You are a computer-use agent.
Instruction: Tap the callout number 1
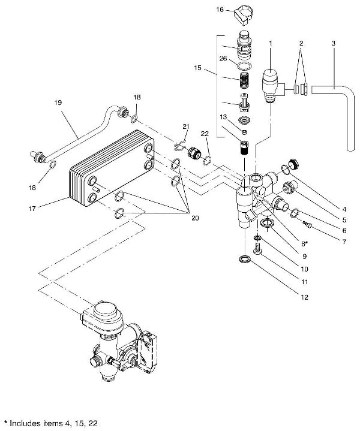point(271,43)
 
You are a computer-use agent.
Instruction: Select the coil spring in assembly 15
point(244,80)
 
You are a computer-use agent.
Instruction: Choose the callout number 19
point(58,103)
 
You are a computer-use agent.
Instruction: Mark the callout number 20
point(194,218)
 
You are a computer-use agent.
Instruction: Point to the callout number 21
point(186,126)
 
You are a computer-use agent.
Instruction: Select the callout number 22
point(205,134)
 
